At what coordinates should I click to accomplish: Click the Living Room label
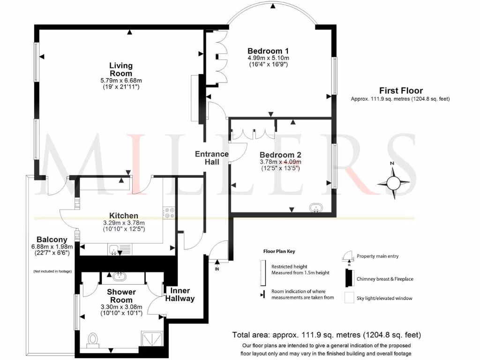coord(121,69)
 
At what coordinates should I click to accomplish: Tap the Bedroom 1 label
coord(268,51)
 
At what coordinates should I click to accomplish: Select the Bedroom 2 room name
coord(280,155)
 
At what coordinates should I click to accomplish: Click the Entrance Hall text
coord(212,157)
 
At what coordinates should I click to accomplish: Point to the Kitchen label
coord(124,216)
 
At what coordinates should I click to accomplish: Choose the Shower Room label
coord(121,296)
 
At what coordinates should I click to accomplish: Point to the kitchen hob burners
coord(169,213)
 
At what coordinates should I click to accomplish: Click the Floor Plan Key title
coord(279,251)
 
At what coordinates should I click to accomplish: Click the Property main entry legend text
coord(378,256)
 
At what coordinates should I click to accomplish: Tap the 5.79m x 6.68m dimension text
coord(121,80)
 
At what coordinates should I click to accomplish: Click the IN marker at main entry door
coord(217,269)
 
